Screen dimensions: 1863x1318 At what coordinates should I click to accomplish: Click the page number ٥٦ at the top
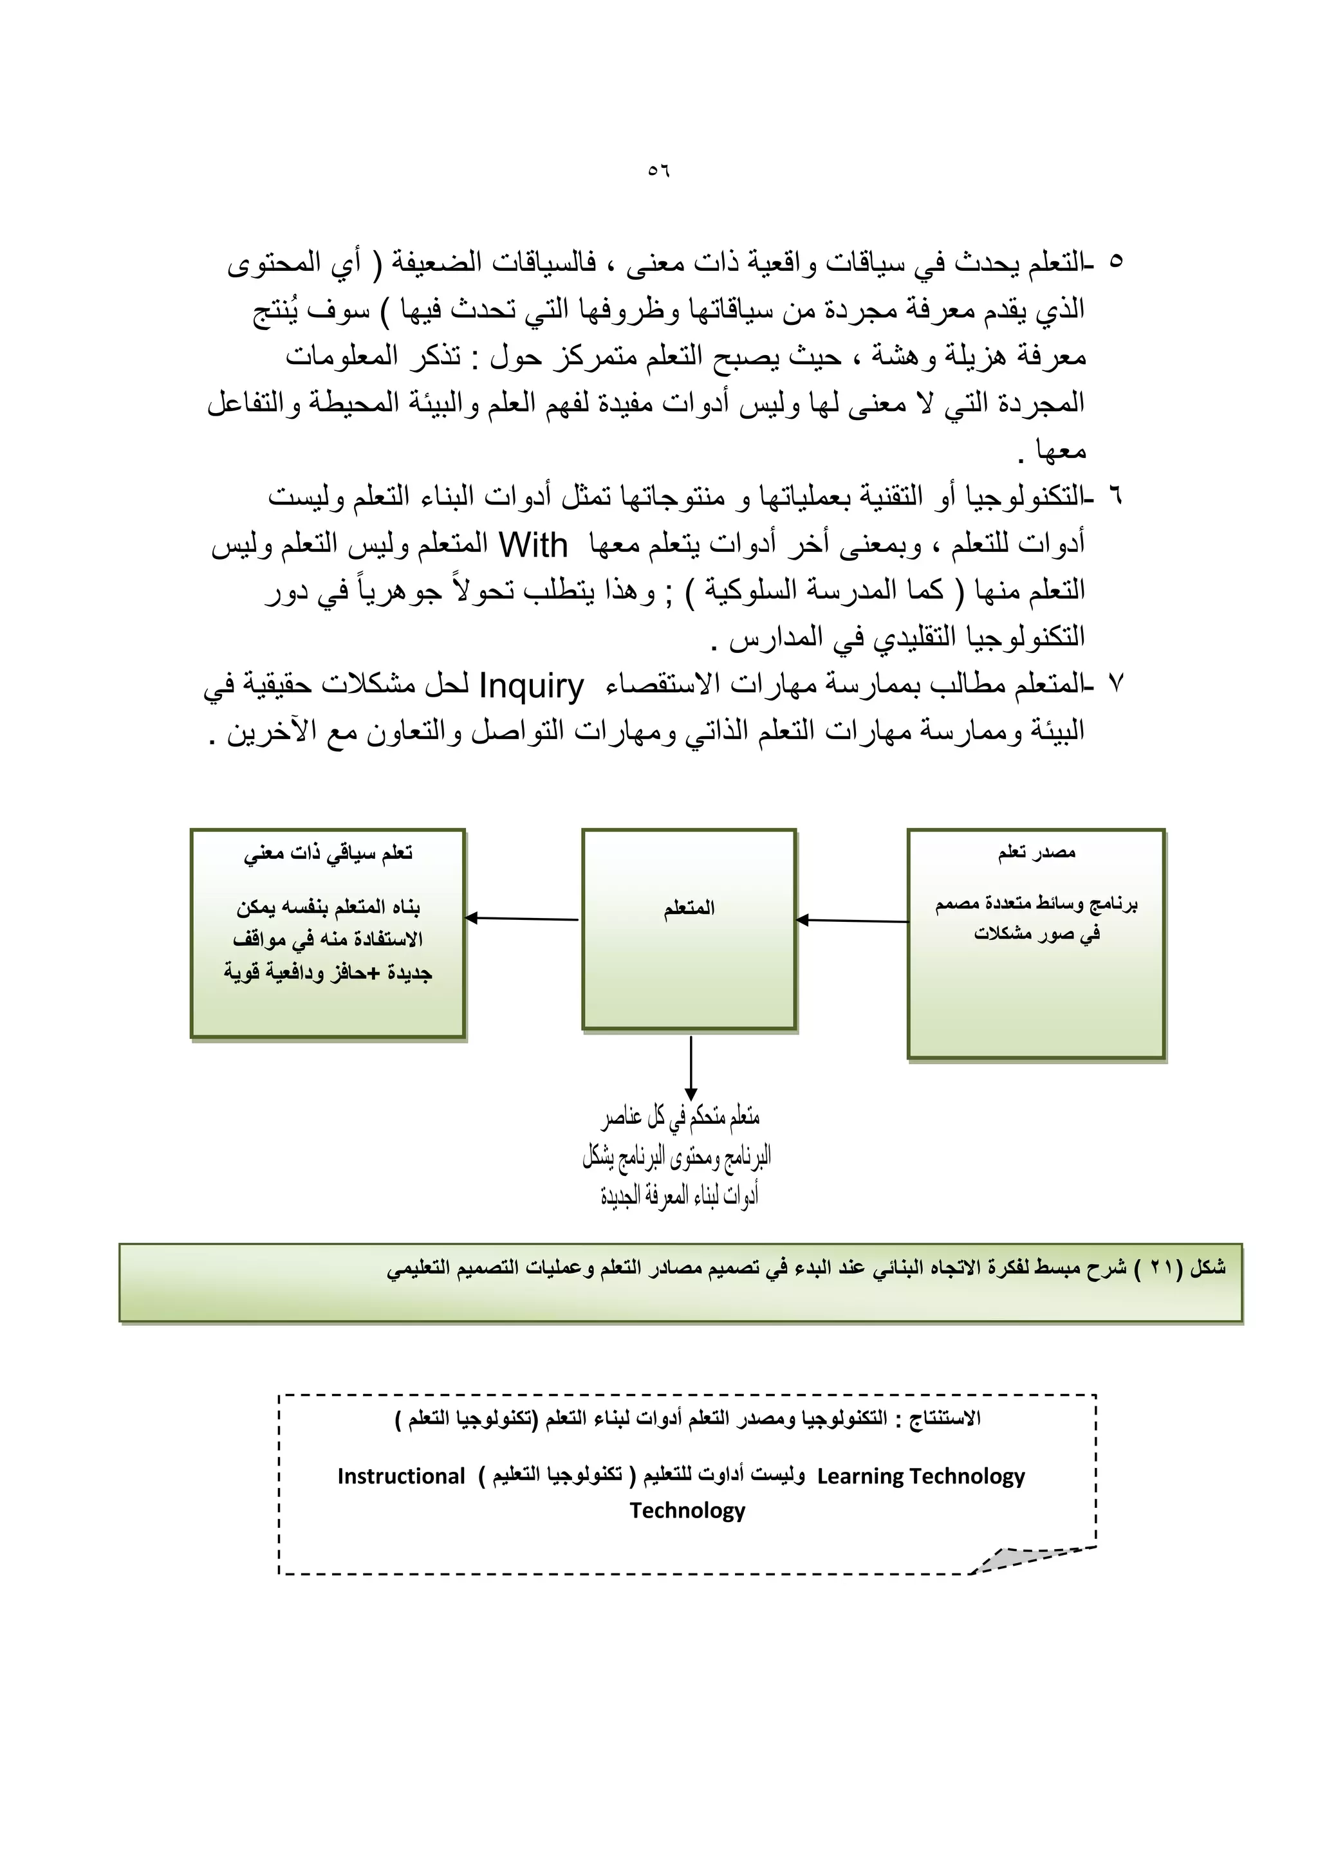point(658,171)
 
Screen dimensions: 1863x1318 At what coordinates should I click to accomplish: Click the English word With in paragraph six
point(534,546)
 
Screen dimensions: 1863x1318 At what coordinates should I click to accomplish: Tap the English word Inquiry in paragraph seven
point(532,686)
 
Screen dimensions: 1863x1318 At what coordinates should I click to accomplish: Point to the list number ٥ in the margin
point(1116,261)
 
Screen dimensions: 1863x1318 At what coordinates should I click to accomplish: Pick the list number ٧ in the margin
point(1115,684)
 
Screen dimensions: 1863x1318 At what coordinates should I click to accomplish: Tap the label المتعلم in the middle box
point(689,908)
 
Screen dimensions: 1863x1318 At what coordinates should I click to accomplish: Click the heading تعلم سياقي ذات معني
point(328,854)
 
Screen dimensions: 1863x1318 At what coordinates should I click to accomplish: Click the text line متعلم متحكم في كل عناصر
point(680,1119)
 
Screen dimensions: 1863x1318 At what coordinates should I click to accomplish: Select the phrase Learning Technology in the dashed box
point(920,1476)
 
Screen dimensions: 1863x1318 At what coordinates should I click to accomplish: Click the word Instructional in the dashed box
point(401,1476)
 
